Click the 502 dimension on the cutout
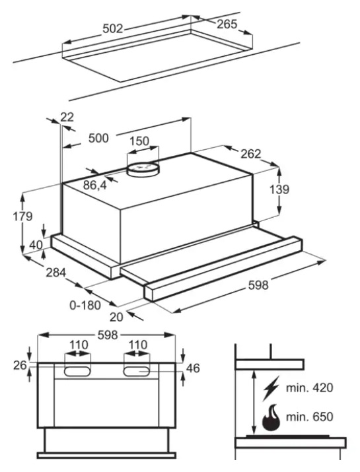(113, 28)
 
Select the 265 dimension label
(227, 24)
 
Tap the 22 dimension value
(67, 117)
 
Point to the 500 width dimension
(98, 138)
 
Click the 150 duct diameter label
(139, 141)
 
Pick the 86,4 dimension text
(95, 185)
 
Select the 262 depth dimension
(250, 154)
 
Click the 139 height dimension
(279, 189)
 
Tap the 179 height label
(22, 216)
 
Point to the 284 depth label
(55, 273)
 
